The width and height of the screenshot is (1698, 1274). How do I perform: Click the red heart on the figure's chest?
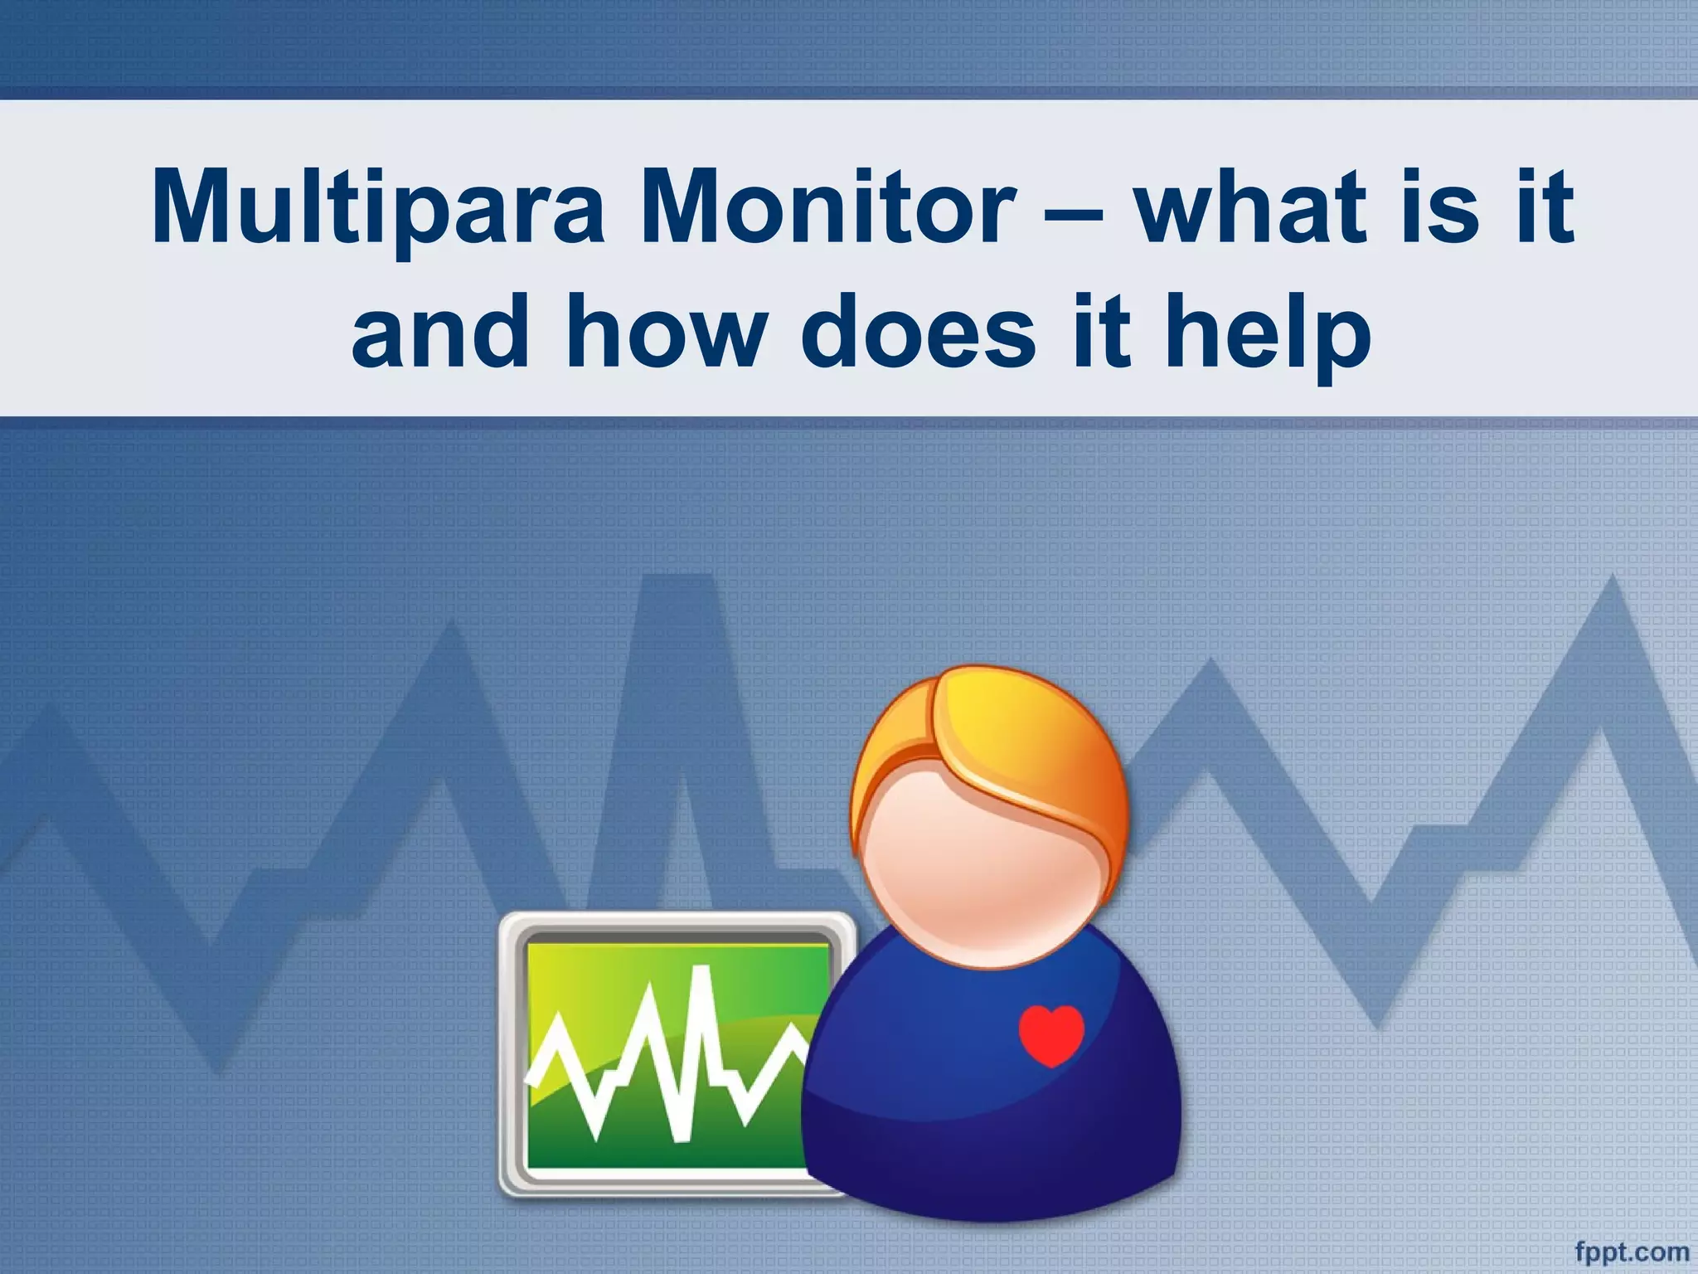(1050, 1034)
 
